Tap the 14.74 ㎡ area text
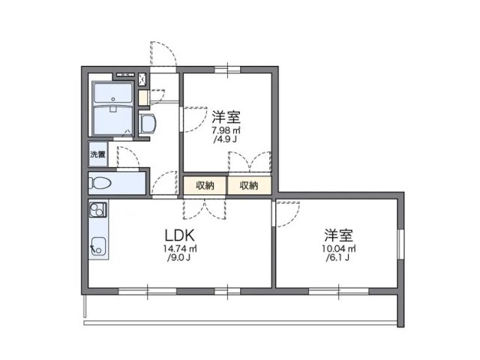[178, 248]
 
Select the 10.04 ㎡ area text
[339, 248]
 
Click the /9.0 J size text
[178, 259]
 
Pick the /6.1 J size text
[339, 259]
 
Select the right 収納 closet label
[249, 184]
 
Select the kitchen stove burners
[97, 211]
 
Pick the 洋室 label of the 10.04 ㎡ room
[339, 234]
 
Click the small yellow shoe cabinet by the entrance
[143, 97]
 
